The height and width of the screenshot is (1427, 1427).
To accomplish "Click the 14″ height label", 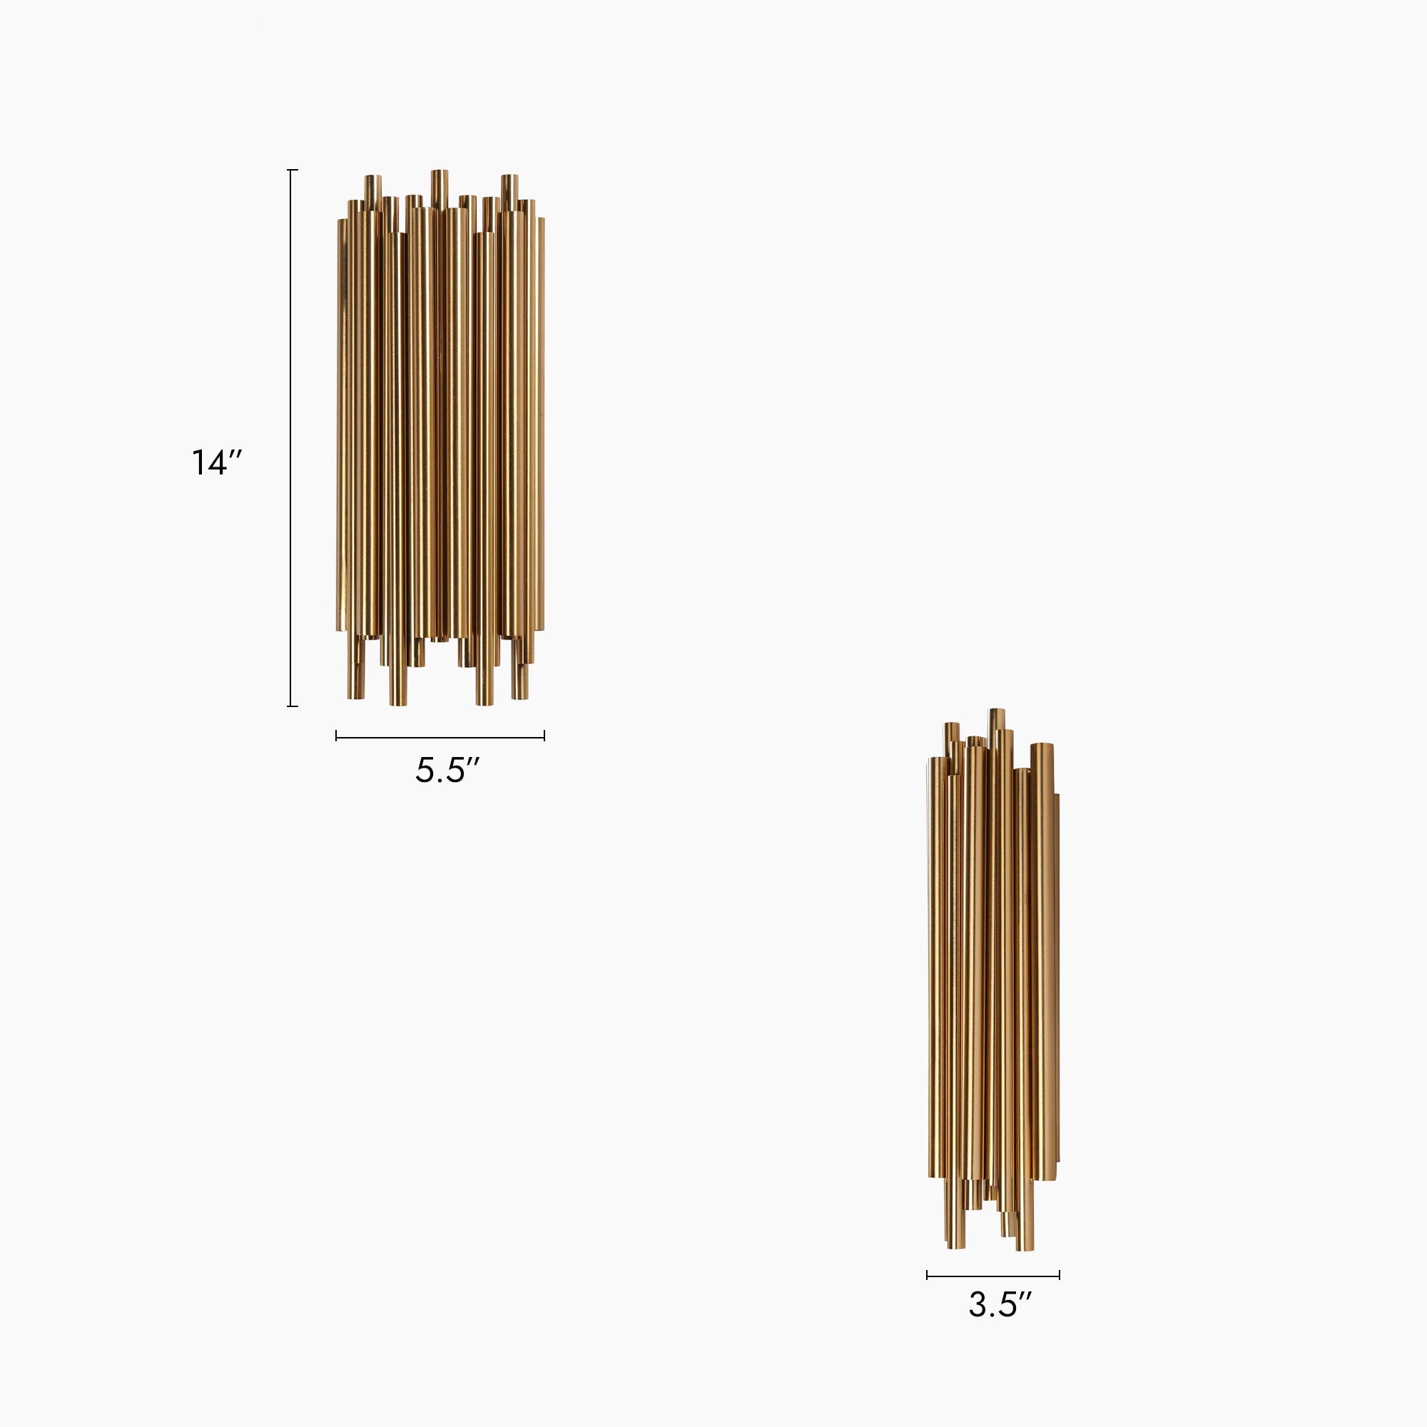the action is click(x=216, y=463).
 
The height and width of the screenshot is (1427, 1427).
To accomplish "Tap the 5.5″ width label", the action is click(x=447, y=770).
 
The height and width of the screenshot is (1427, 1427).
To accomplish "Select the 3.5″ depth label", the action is click(x=1000, y=1304).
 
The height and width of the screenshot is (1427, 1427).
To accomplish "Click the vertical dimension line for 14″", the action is click(x=293, y=438).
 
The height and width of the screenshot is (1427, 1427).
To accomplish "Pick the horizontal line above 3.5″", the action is click(x=993, y=1275).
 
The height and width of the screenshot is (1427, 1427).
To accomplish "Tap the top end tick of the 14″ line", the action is click(x=293, y=170).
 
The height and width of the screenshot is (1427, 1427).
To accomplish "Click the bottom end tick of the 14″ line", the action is click(x=293, y=706).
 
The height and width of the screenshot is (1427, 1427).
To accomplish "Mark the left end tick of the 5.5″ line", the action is click(x=337, y=736).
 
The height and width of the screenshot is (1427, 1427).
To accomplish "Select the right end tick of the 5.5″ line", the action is click(x=544, y=736).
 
